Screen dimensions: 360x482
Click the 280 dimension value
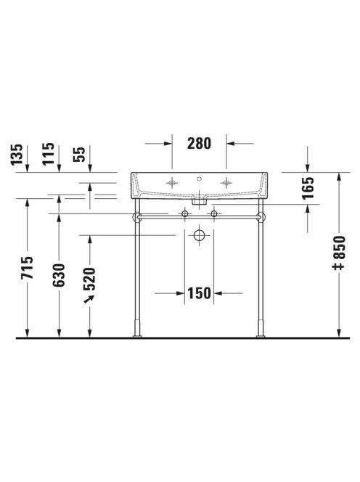199,144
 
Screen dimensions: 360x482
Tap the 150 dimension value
199,293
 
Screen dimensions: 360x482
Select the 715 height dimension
27,267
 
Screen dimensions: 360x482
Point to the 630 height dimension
59,275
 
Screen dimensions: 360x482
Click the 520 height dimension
90,279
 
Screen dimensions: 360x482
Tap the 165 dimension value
308,188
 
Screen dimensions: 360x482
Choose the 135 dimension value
17,155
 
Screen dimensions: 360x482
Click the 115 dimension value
49,154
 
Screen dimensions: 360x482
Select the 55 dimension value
79,155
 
